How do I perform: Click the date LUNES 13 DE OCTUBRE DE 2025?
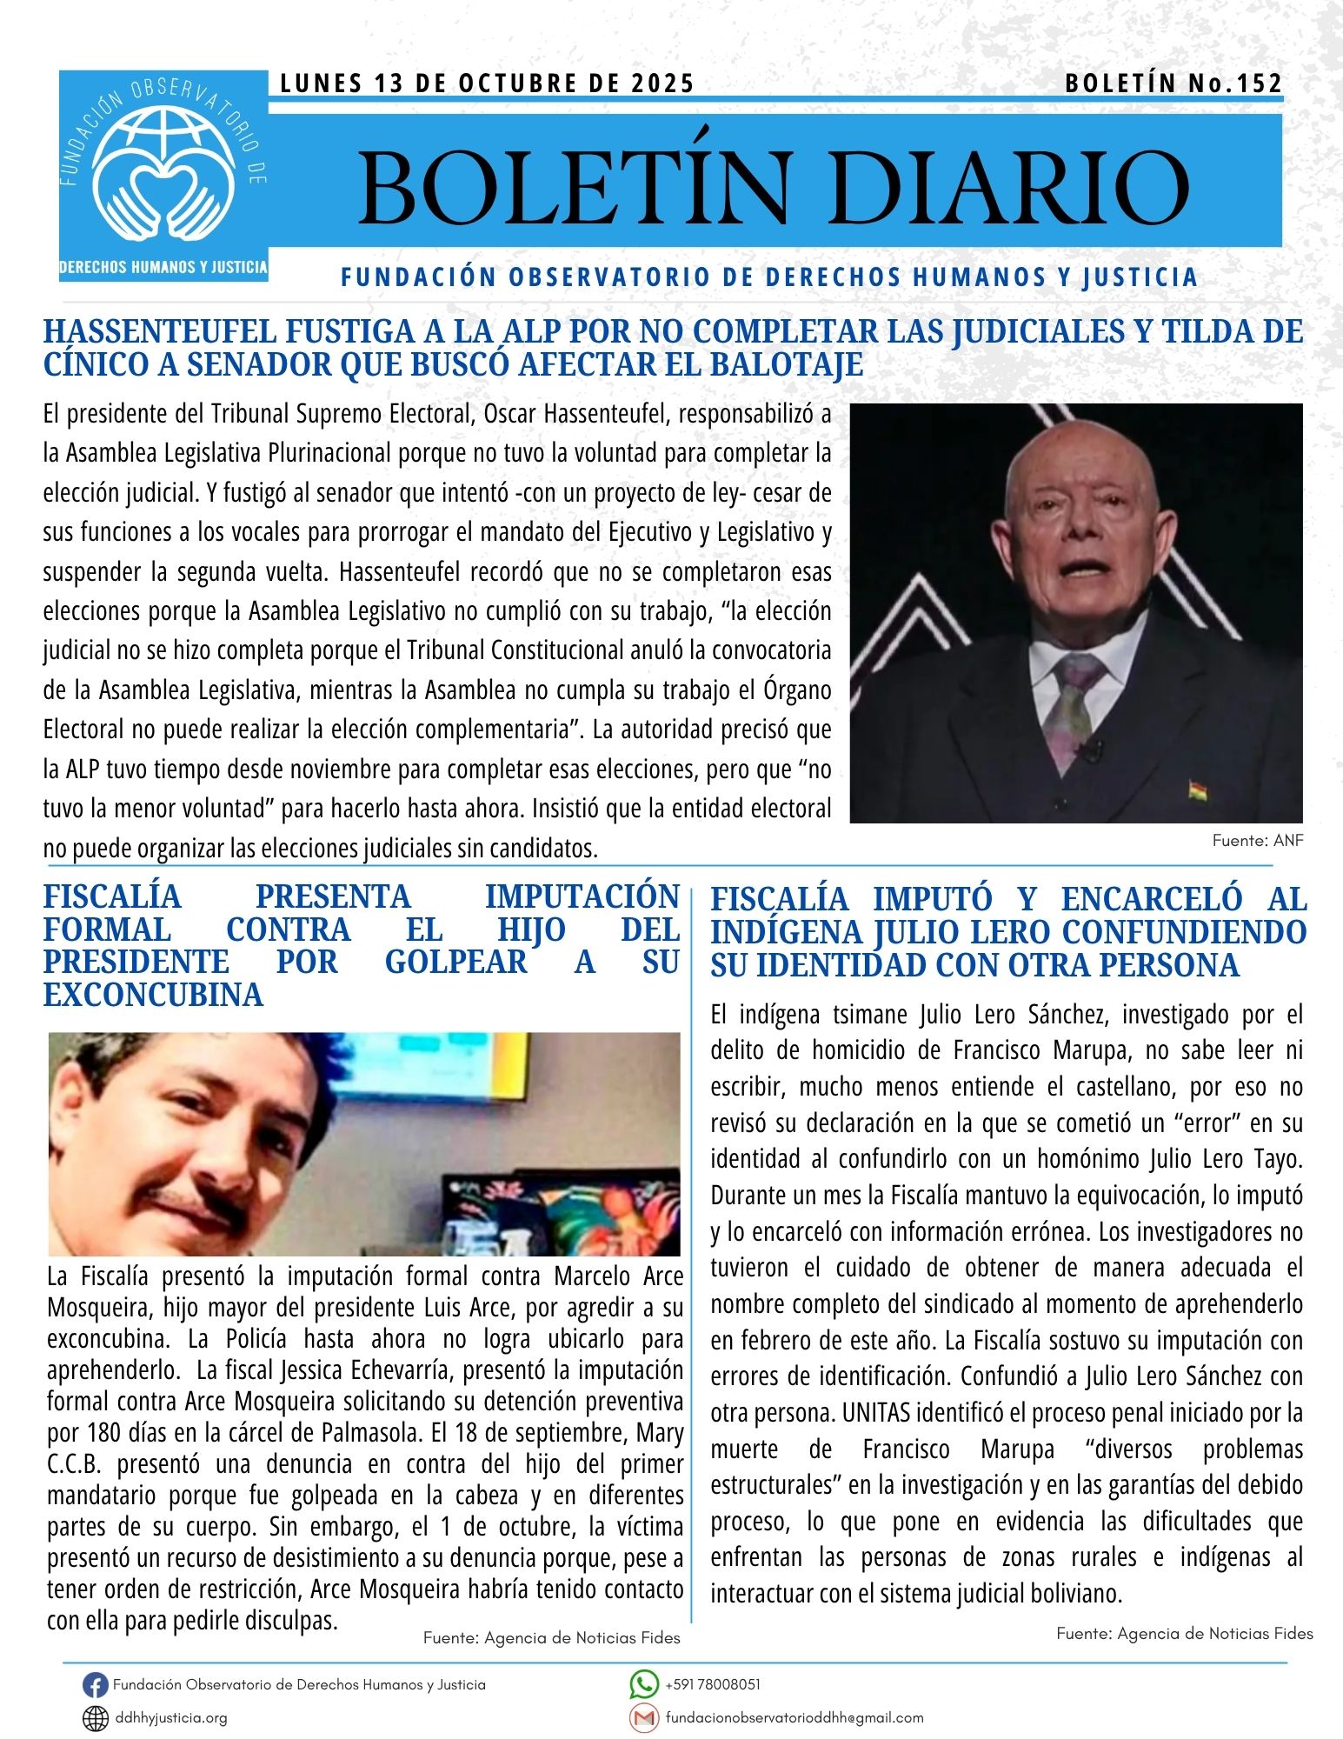coord(488,83)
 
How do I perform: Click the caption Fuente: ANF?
coord(1258,841)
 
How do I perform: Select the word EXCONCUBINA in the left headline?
coord(153,995)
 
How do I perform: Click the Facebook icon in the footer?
coord(95,1685)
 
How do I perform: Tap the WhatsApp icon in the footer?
coord(643,1684)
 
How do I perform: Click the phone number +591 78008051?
coord(713,1684)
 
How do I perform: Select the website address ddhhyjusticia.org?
coord(171,1718)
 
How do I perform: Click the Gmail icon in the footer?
coord(643,1718)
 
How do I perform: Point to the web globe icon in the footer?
coord(95,1718)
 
